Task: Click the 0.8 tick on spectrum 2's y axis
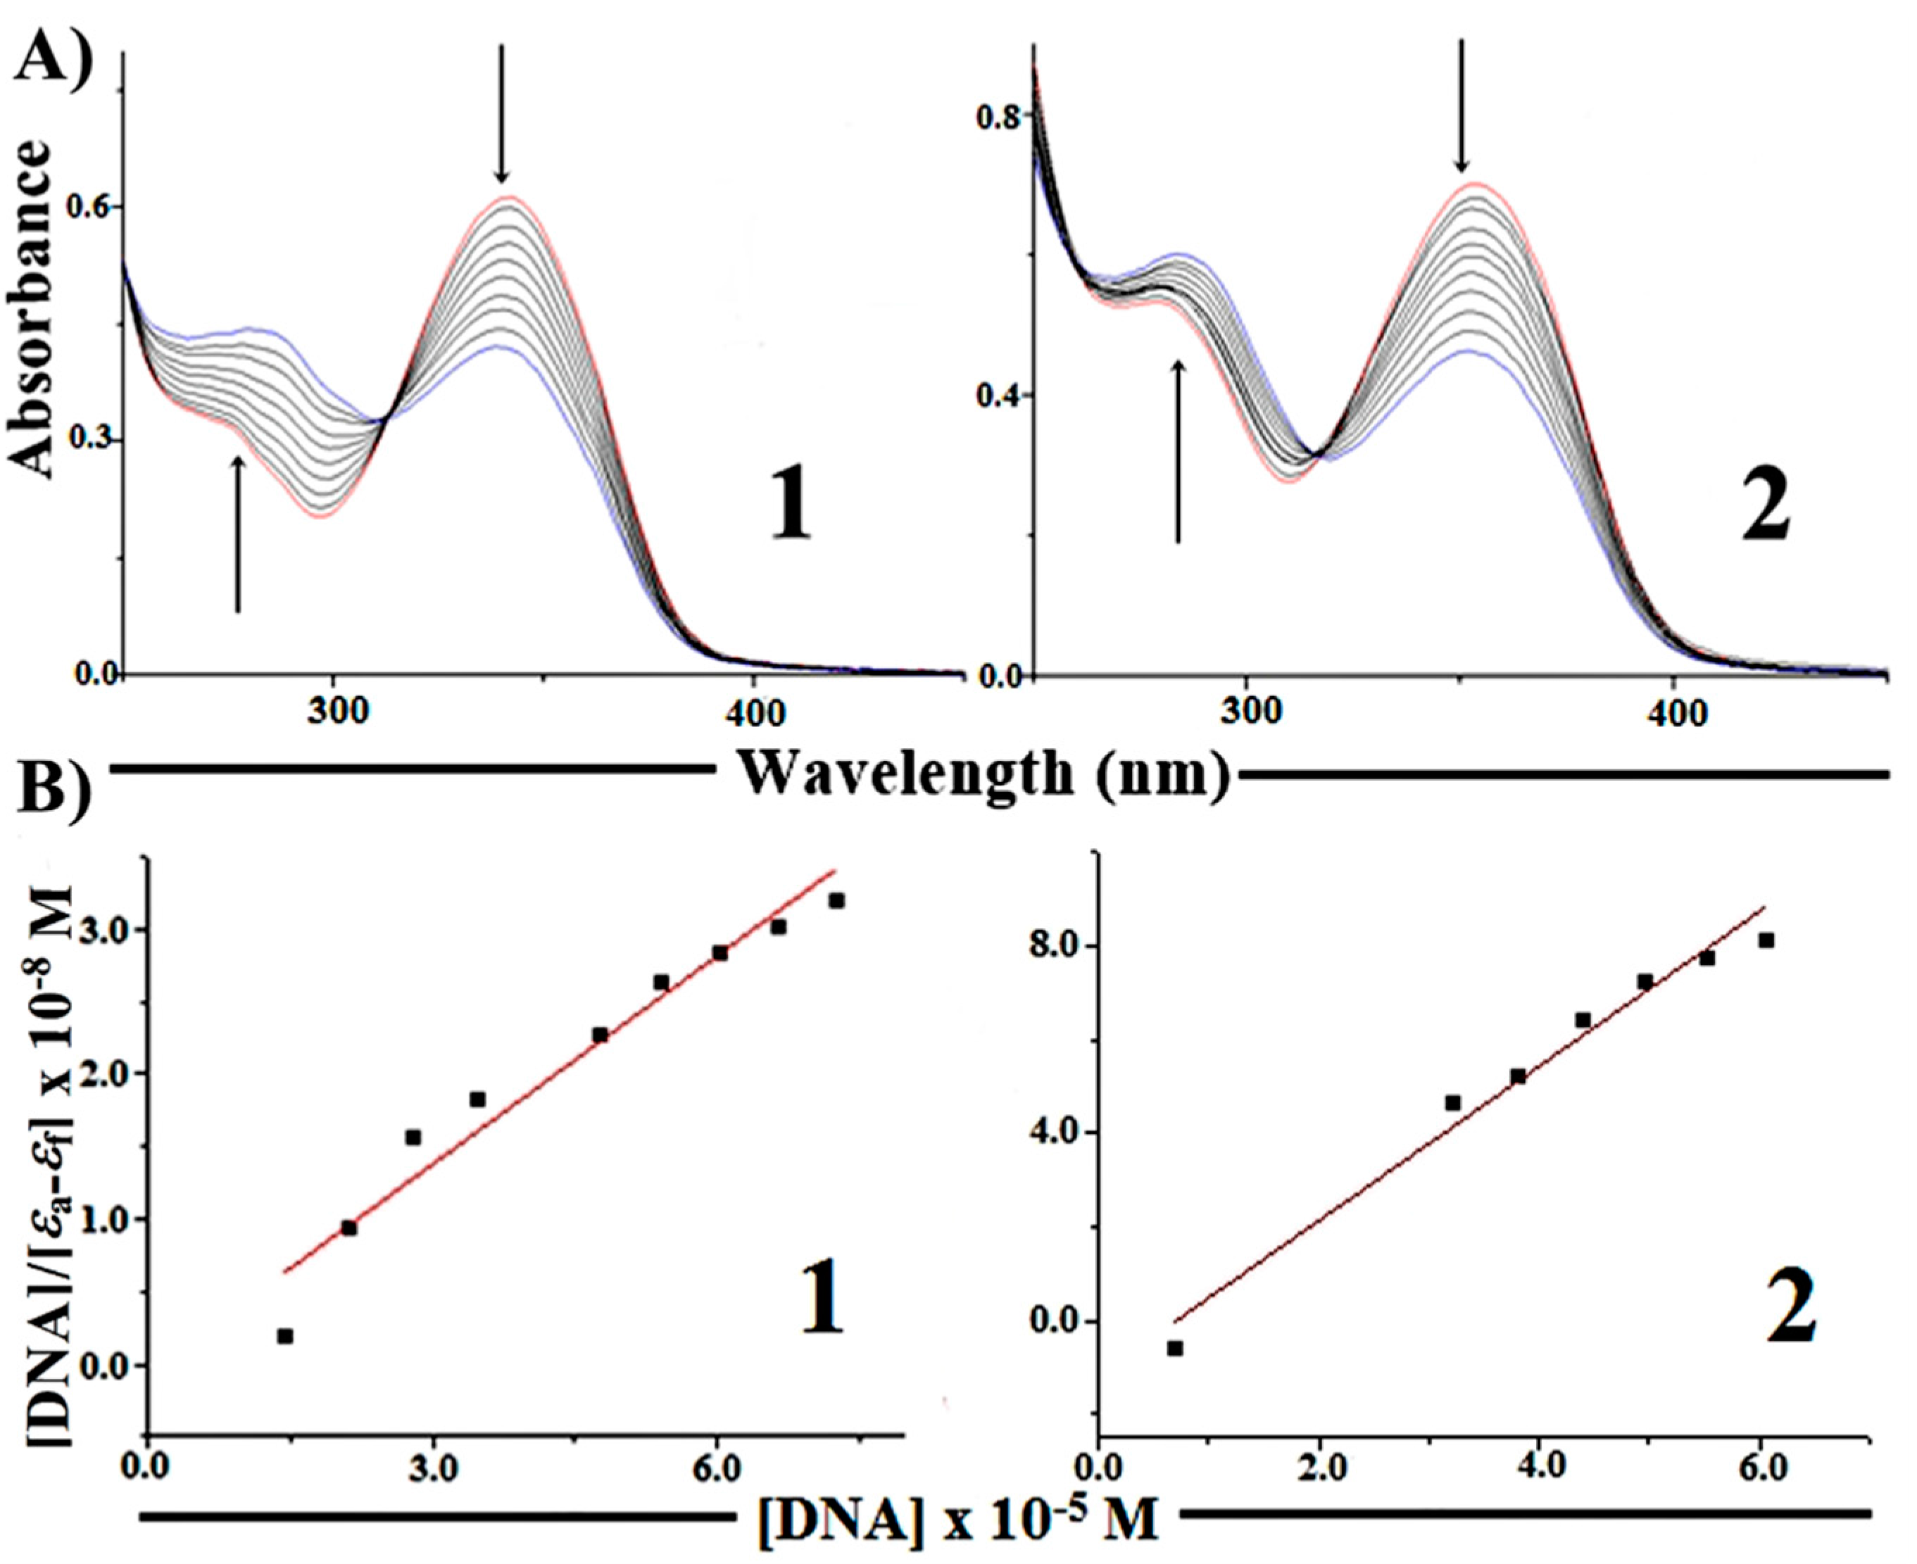[1002, 116]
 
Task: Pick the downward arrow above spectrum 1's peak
[503, 113]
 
